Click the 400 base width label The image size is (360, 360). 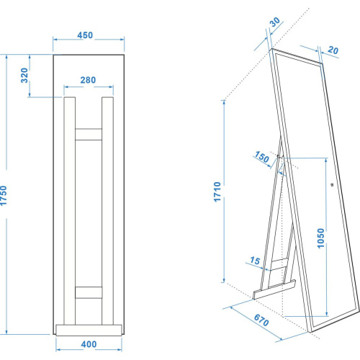point(89,344)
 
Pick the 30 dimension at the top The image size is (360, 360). point(274,23)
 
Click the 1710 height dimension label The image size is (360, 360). point(217,192)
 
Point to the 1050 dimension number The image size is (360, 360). point(321,240)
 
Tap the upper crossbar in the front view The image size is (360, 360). point(89,133)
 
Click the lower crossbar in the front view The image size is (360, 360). point(89,292)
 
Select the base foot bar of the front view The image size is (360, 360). point(89,330)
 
